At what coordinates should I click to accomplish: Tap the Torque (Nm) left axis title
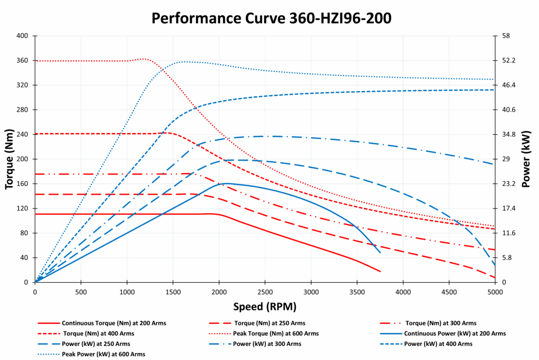[9, 158]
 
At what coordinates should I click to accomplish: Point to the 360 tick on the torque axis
[22, 61]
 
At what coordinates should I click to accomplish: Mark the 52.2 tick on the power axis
[510, 61]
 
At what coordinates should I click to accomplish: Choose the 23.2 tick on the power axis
[510, 184]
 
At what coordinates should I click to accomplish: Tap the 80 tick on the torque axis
[24, 233]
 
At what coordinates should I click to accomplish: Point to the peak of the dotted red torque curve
[144, 59]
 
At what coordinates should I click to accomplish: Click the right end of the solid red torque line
[380, 272]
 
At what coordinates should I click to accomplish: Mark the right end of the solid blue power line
[380, 253]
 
